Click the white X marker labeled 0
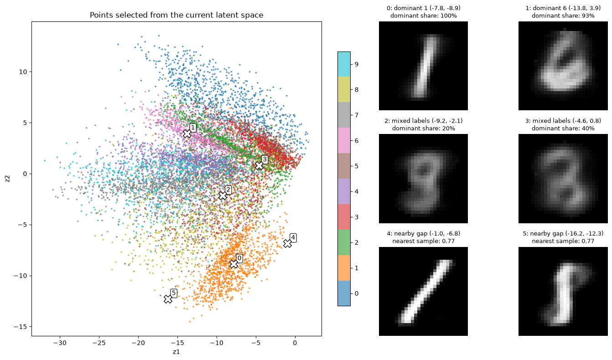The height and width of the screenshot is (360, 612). point(233,264)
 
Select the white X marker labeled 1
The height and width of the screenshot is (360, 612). point(187,134)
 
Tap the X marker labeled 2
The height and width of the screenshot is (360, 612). point(223,195)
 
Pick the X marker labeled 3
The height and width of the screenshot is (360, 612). point(259,165)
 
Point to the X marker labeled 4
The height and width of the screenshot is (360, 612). point(287,243)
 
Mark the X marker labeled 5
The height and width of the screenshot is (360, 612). point(168,299)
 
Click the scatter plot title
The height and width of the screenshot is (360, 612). point(176,15)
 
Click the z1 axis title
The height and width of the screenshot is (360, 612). point(176,352)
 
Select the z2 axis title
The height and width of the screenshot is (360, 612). point(8,179)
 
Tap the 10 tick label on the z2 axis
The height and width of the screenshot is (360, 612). point(23,72)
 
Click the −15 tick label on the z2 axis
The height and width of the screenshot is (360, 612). point(21,327)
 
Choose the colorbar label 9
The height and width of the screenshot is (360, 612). point(357,64)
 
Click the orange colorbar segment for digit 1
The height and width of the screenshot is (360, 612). point(344,268)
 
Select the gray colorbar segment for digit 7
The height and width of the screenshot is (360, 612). point(344,115)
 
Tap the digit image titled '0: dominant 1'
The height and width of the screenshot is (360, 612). point(423,66)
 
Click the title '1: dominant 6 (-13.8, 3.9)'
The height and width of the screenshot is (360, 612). point(563,8)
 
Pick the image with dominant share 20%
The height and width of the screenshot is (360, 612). point(423,179)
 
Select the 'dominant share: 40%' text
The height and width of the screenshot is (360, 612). point(563,129)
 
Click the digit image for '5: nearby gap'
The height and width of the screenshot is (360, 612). point(563,291)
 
